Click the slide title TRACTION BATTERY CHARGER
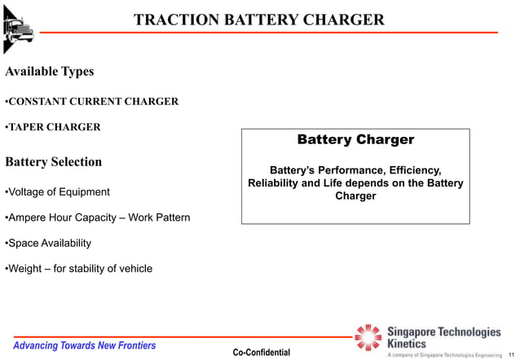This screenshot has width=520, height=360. click(258, 20)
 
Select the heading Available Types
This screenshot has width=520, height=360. click(50, 72)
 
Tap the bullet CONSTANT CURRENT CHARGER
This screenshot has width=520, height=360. click(93, 102)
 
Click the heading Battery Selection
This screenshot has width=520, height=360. click(54, 161)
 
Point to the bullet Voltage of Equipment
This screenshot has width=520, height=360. click(58, 192)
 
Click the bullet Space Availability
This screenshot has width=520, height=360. click(49, 243)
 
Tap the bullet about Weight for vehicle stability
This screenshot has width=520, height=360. click(79, 269)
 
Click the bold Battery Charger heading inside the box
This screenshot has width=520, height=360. click(355, 140)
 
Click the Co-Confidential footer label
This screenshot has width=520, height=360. click(261, 352)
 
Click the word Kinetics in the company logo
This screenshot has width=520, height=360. click(406, 344)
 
